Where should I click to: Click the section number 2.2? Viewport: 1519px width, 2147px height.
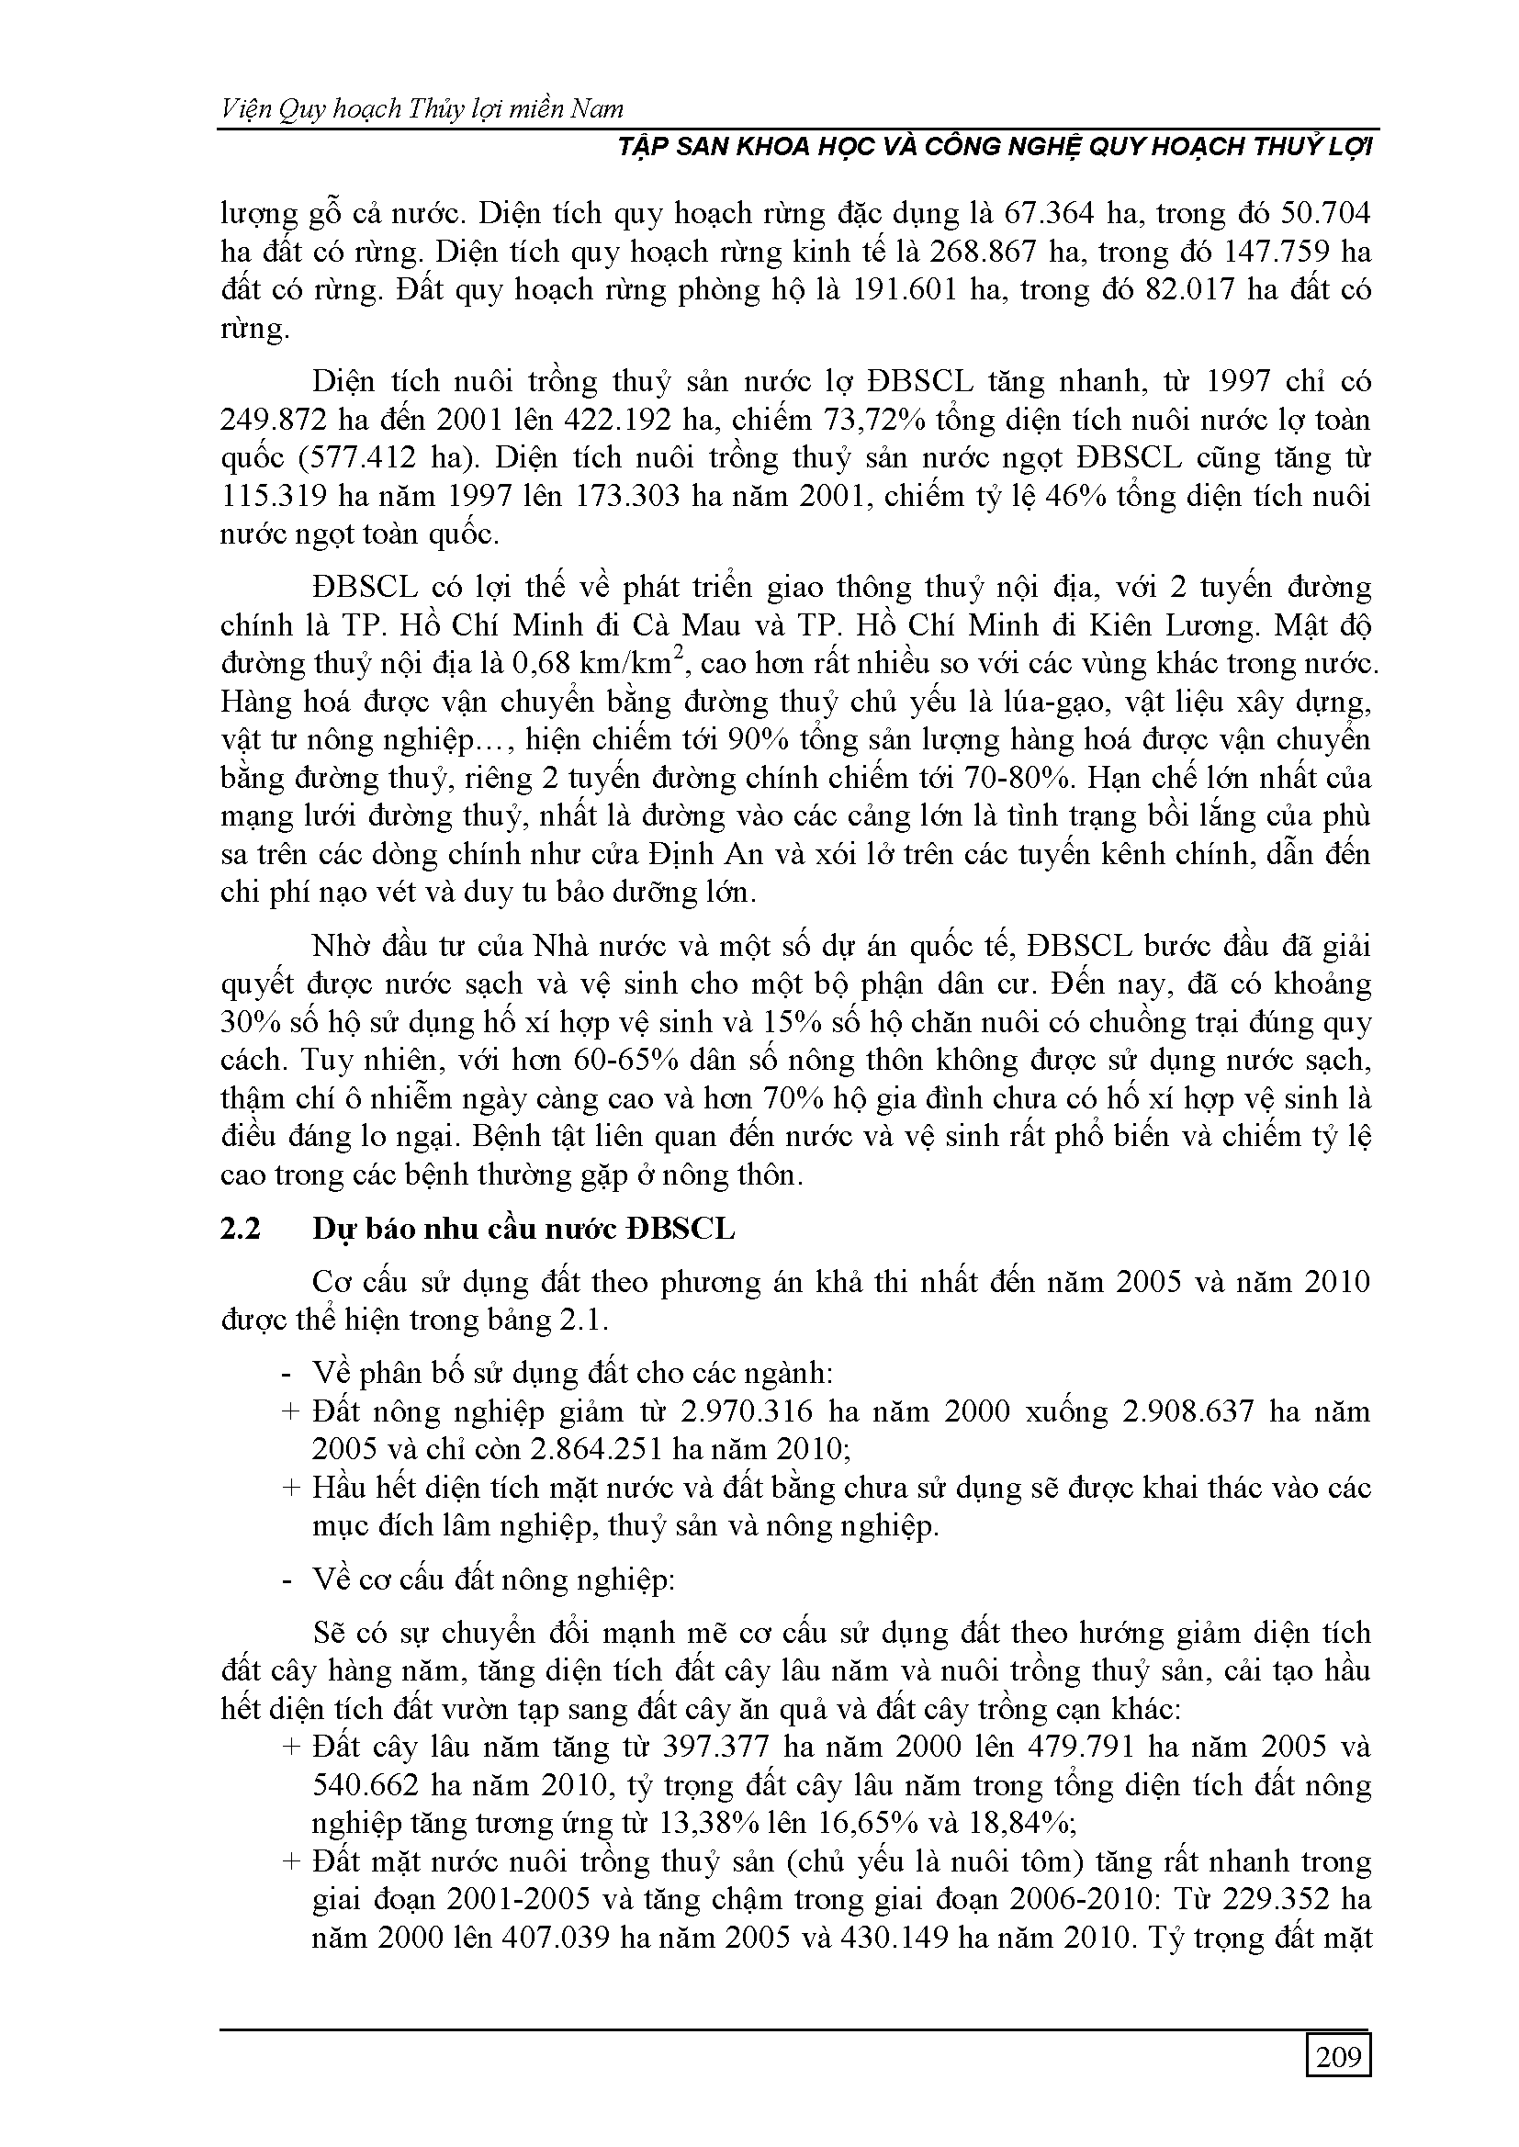point(240,1229)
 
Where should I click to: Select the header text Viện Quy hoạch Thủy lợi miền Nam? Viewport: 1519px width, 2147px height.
point(422,109)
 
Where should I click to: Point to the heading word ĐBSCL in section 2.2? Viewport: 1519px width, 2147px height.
point(681,1229)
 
